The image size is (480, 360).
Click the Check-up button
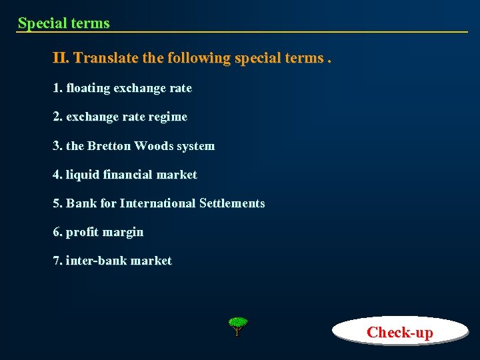399,331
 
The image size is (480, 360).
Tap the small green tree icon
237,326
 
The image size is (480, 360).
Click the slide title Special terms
64,23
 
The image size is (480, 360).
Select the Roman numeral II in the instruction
61,58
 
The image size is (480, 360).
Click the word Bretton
109,146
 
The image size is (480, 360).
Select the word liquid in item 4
82,175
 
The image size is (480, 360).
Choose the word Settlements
232,203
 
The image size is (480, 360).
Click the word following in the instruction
199,58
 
